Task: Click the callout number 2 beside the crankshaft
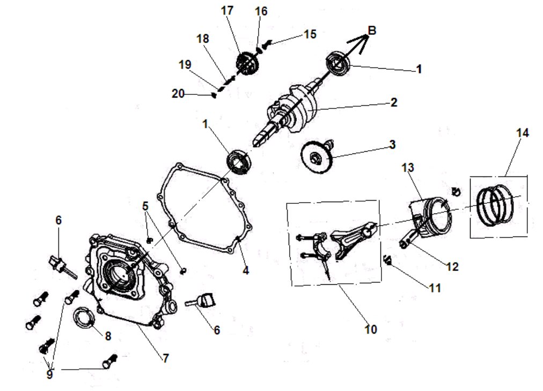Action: point(393,102)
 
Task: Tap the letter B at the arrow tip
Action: point(372,31)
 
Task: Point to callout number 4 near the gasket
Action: point(246,270)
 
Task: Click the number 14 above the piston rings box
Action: point(522,133)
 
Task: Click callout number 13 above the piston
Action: point(408,167)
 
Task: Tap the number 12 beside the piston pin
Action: point(452,267)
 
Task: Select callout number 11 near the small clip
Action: point(435,288)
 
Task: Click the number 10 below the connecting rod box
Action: point(371,329)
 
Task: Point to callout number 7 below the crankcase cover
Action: point(166,358)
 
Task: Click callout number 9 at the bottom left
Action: point(49,374)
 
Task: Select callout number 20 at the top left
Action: point(178,93)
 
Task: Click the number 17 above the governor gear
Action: point(227,10)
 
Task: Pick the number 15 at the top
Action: point(310,34)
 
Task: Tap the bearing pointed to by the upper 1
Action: point(339,63)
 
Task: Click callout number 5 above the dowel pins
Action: point(145,206)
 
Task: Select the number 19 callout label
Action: point(185,64)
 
